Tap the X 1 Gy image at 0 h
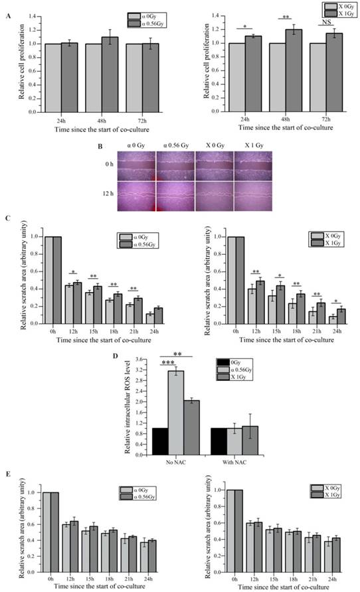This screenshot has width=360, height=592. click(255, 163)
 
